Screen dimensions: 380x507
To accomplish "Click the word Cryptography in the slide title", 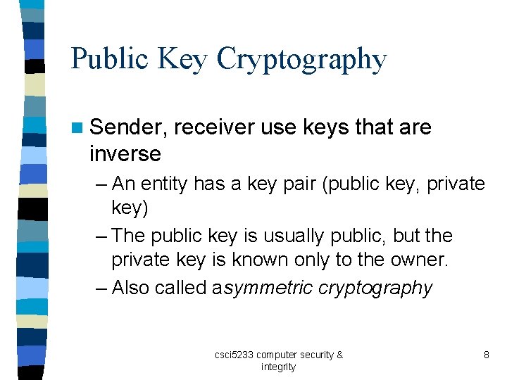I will coord(301,60).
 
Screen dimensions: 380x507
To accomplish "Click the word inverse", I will coord(125,153).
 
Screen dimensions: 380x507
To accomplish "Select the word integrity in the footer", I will coord(278,367).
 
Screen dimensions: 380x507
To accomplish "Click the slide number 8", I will coord(486,355).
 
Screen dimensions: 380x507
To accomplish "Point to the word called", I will coord(181,288).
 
